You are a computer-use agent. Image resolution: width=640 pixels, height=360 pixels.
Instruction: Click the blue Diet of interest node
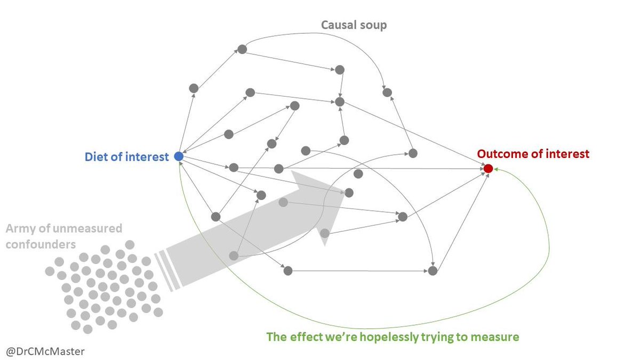(179, 157)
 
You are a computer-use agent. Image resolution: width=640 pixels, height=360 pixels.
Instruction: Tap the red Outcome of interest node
(488, 169)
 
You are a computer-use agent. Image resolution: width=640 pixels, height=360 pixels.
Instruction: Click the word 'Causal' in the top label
(338, 25)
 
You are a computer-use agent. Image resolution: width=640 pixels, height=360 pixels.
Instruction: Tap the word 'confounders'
(41, 243)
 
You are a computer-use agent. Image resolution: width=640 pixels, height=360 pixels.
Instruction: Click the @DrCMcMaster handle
(45, 351)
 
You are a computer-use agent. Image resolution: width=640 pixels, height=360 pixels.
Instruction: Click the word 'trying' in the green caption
(431, 337)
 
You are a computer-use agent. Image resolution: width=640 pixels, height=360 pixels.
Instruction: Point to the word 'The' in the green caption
(277, 337)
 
